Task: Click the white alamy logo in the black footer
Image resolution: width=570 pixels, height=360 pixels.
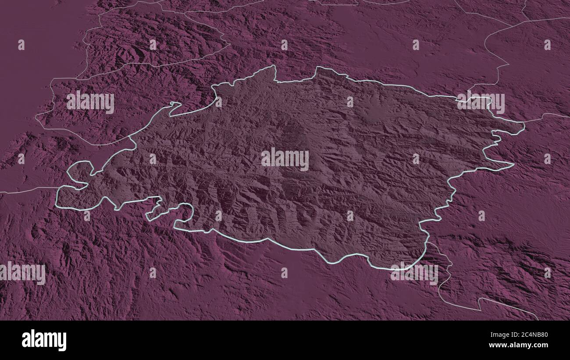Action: tap(44, 340)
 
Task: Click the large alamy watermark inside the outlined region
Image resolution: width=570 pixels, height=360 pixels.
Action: tap(285, 159)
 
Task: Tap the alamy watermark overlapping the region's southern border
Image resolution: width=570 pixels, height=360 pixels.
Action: tap(414, 273)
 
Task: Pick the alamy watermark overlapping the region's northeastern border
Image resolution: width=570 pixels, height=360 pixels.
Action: tap(481, 103)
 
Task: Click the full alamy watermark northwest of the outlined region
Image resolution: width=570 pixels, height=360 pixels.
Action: tap(90, 102)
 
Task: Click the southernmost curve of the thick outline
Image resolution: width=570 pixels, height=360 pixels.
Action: tap(395, 268)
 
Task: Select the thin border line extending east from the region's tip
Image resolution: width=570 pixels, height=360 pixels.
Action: tap(546, 116)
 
